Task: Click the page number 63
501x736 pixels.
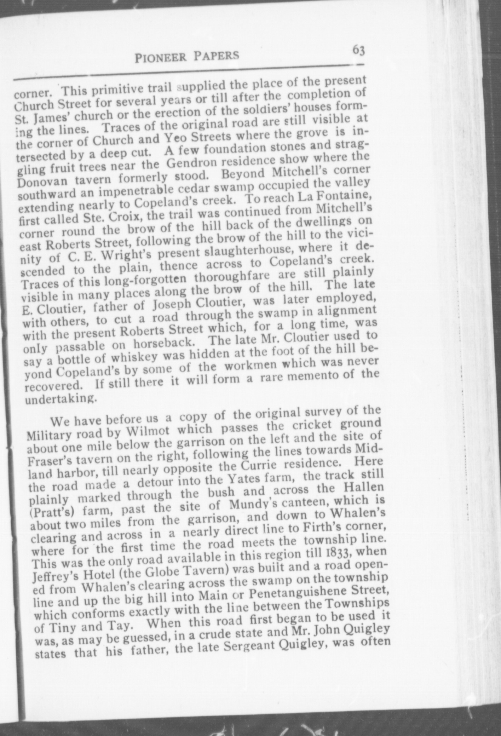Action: coord(358,51)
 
